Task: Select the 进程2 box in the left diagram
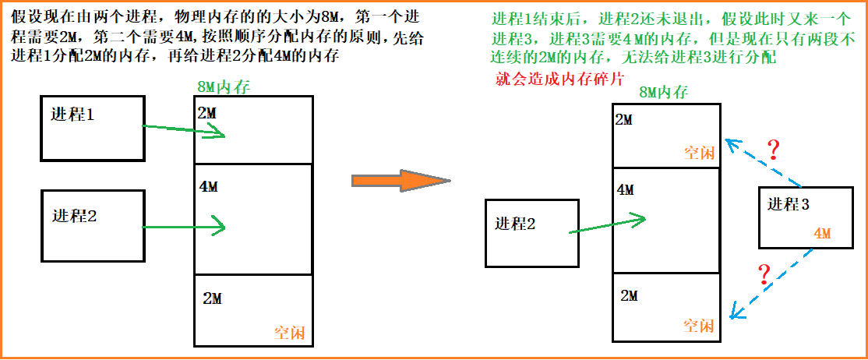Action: (92, 226)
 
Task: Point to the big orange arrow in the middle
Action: (400, 181)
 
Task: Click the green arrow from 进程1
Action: (184, 130)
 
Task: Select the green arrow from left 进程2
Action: (184, 228)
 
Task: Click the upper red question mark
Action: (773, 150)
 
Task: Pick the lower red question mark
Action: (764, 274)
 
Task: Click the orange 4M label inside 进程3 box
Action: (823, 233)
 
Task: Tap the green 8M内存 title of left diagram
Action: (224, 87)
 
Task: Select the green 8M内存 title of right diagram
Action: (663, 93)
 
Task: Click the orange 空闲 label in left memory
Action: (290, 333)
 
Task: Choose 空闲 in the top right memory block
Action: (698, 153)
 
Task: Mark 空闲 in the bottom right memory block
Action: (698, 326)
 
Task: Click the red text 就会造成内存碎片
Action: (559, 79)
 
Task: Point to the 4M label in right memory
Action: (626, 189)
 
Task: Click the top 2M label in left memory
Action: (207, 114)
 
